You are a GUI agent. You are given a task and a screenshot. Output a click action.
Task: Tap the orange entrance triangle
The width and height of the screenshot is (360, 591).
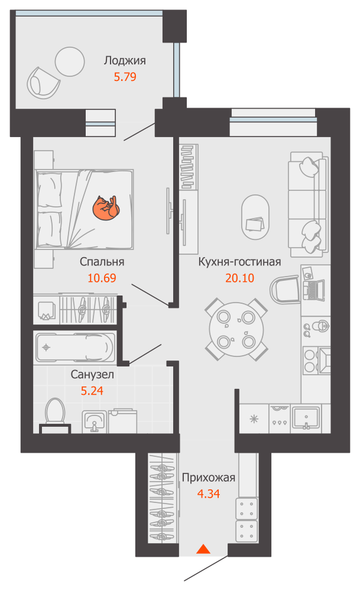pyautogui.click(x=203, y=549)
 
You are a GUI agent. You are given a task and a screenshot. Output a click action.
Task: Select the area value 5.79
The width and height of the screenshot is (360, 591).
pyautogui.click(x=125, y=77)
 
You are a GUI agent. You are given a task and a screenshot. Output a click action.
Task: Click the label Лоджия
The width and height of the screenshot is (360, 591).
pyautogui.click(x=125, y=60)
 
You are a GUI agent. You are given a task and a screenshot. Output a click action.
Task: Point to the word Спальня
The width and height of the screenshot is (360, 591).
pyautogui.click(x=102, y=262)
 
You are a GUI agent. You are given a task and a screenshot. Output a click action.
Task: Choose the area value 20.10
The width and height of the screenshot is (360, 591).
pyautogui.click(x=240, y=278)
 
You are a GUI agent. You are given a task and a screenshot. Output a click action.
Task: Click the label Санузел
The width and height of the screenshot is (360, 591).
pyautogui.click(x=92, y=374)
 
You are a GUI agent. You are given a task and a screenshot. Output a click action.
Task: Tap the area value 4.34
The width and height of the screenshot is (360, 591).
pyautogui.click(x=209, y=493)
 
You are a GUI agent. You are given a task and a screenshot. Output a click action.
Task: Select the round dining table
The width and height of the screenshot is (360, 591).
pyautogui.click(x=236, y=329)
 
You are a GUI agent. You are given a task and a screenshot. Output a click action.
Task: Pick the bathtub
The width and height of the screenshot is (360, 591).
pyautogui.click(x=75, y=347)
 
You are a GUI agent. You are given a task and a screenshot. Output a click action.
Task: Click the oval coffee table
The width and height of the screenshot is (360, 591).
pyautogui.click(x=255, y=217)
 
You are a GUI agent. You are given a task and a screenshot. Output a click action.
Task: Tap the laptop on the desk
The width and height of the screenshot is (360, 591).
pyautogui.click(x=314, y=290)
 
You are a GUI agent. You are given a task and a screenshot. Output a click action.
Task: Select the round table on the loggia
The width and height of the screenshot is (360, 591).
pyautogui.click(x=70, y=61)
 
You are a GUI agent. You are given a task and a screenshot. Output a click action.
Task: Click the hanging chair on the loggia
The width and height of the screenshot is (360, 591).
pyautogui.click(x=43, y=83)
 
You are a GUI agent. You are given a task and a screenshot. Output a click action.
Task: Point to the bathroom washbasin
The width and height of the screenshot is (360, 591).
pyautogui.click(x=94, y=421)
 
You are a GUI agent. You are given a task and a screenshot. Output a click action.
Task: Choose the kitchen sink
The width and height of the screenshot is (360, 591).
pyautogui.click(x=306, y=418)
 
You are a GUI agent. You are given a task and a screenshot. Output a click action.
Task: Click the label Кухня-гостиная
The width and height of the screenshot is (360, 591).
pyautogui.click(x=240, y=262)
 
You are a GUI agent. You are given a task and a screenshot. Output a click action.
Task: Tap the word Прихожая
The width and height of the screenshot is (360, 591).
pyautogui.click(x=209, y=478)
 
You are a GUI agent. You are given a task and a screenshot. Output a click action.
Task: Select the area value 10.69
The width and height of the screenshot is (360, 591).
pyautogui.click(x=102, y=278)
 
